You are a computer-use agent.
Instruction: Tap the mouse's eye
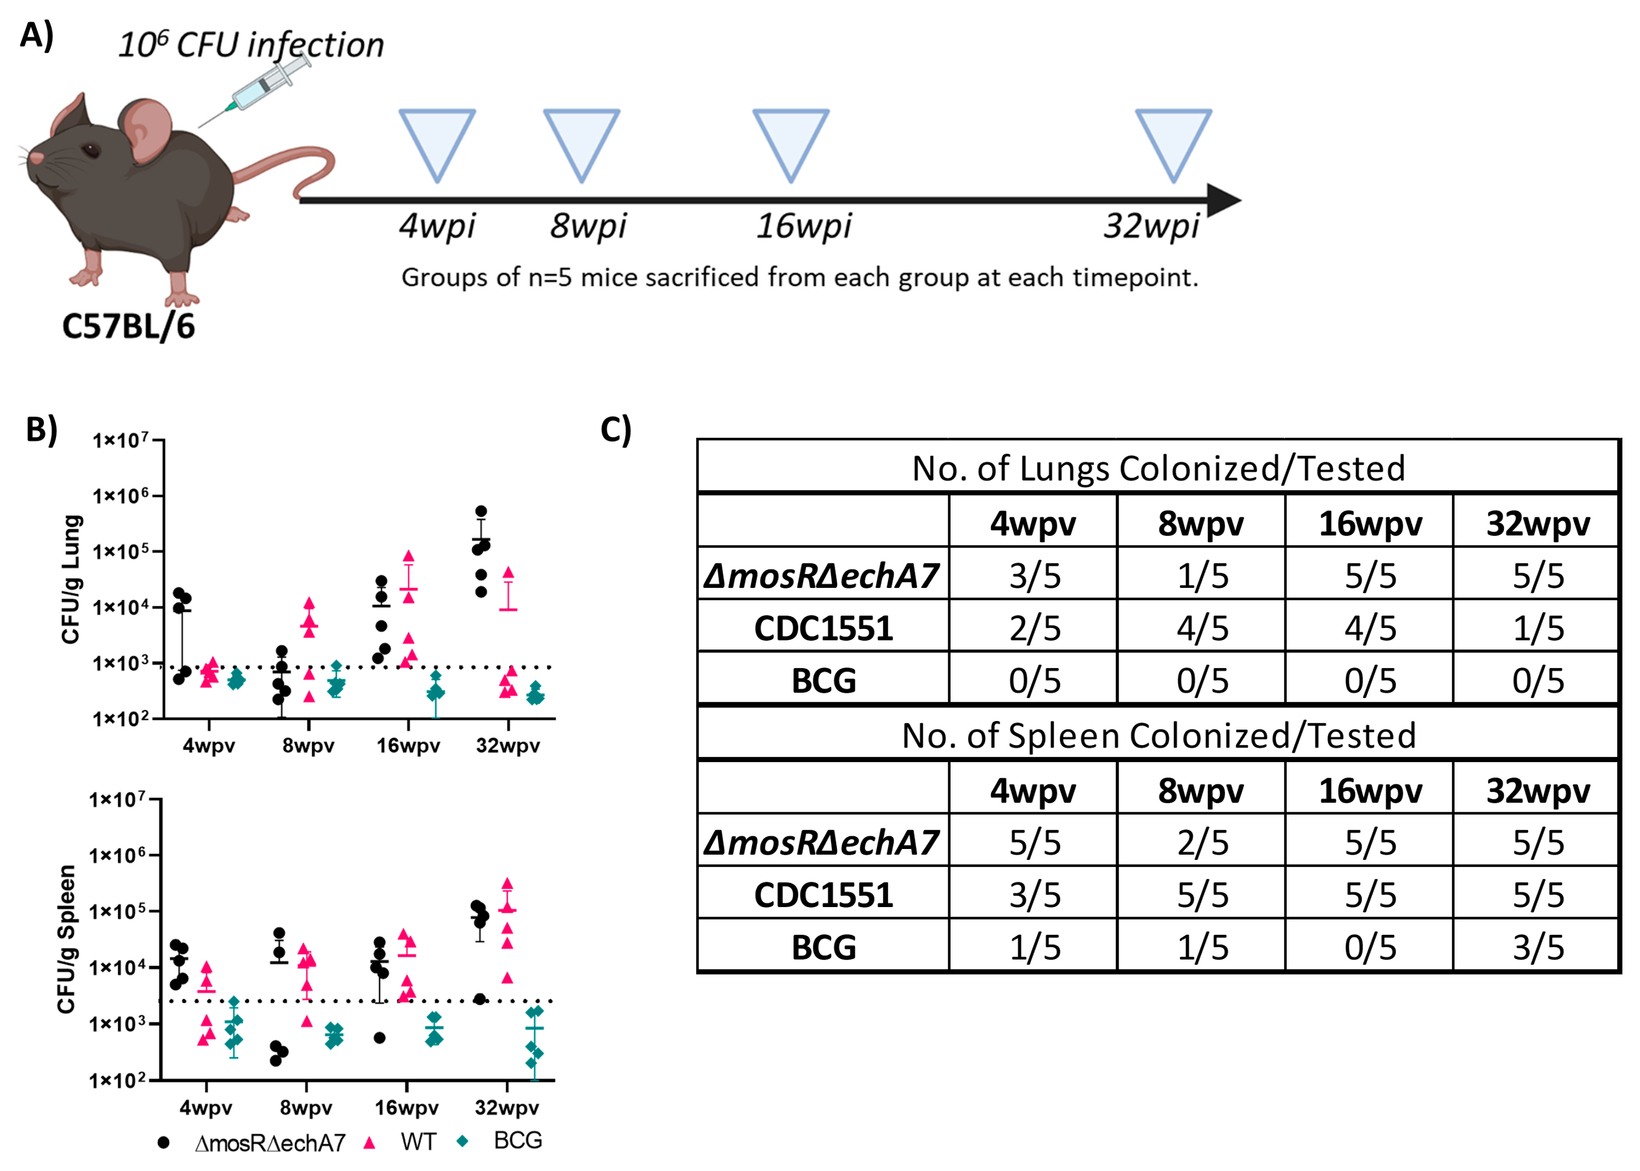91,151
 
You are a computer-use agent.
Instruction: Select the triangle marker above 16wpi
790,144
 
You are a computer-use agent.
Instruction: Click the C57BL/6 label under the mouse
128,327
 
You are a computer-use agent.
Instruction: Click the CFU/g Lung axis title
71,579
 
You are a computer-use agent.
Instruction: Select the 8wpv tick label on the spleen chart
306,1108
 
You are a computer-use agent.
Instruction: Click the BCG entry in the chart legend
517,1141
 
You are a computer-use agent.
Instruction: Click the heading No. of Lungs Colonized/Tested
1158,468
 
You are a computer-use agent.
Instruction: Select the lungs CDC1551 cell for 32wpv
1538,628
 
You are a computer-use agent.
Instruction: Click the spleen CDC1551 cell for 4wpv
1034,895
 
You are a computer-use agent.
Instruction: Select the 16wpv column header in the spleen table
1369,791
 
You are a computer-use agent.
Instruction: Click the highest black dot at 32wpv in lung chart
481,511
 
